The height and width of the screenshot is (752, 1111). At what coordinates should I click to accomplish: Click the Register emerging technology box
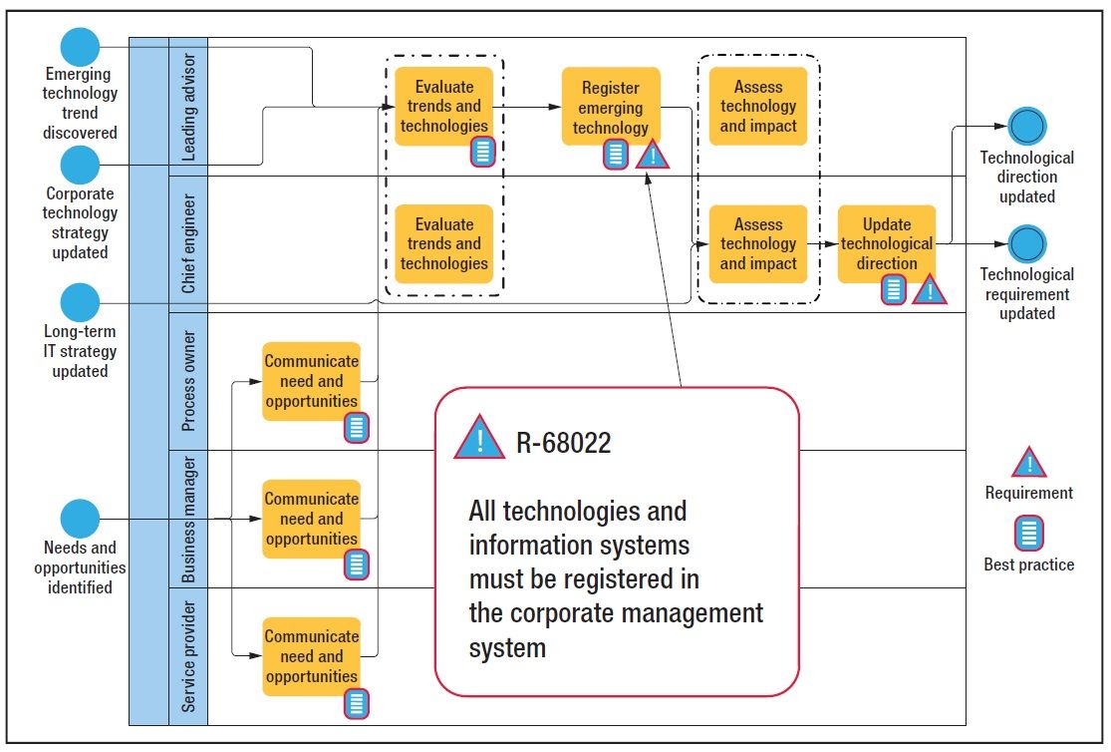pos(611,105)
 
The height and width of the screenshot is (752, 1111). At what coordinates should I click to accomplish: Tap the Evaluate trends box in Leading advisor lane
pos(443,105)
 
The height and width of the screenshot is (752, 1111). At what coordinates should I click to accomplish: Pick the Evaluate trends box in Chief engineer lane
pos(443,243)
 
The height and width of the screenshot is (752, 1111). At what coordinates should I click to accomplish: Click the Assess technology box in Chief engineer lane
pos(758,243)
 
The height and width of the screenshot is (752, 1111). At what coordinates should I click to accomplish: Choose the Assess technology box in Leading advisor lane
pos(758,106)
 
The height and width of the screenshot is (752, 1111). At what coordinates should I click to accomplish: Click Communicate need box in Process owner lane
pos(311,380)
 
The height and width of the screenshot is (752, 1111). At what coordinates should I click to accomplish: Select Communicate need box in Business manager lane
pos(311,518)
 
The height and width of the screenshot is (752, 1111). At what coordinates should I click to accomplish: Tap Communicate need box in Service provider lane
pos(311,655)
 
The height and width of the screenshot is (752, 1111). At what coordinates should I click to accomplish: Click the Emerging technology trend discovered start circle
pos(80,47)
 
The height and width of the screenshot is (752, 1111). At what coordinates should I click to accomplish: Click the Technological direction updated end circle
pos(1026,127)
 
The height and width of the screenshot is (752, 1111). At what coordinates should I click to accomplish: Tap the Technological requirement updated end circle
pos(1026,243)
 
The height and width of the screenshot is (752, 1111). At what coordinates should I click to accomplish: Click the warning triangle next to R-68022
pos(479,439)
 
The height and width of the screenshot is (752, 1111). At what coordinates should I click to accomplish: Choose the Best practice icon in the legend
pos(1028,534)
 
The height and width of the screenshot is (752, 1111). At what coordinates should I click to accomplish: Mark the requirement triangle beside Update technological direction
pos(929,290)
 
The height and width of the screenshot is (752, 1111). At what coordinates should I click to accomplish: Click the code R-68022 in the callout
pos(563,443)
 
